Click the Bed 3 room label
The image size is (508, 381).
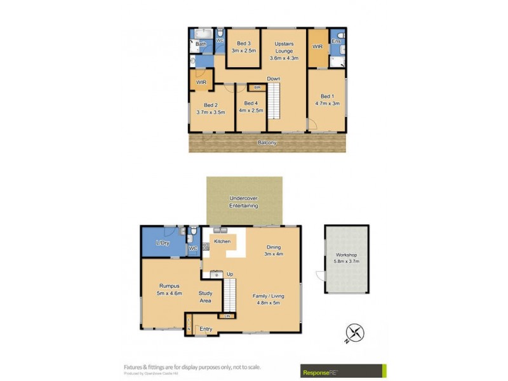coord(244,44)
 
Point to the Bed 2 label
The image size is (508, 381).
coord(211,105)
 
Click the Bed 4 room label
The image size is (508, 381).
coord(250,104)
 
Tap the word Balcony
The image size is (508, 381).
coord(267,143)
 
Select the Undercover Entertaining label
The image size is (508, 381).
coord(244,203)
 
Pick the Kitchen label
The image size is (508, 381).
coord(222,242)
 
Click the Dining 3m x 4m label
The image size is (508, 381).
coord(273,251)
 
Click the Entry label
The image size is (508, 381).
coord(206,329)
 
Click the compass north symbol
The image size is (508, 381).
coord(355,332)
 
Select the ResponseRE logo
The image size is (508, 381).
coord(343,370)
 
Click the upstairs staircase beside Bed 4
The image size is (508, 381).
coord(272,102)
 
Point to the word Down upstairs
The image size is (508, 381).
coord(274,79)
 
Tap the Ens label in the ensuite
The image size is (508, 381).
coord(336,41)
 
